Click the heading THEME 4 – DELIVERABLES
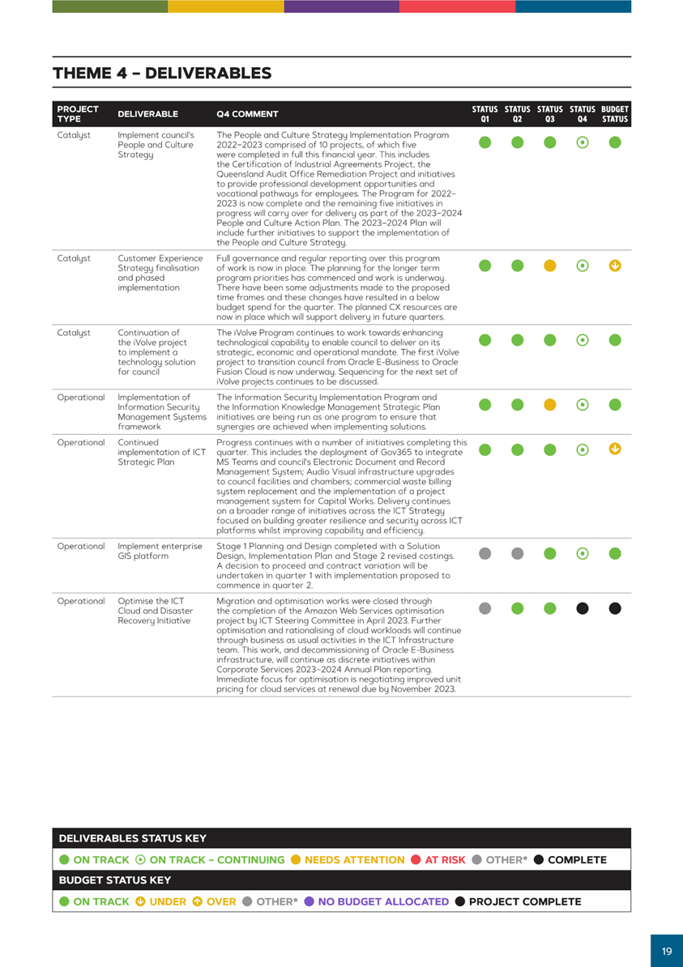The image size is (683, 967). (162, 74)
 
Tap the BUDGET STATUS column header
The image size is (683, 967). (615, 113)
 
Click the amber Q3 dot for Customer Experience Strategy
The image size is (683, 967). (549, 265)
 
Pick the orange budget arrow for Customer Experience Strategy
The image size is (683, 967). (615, 265)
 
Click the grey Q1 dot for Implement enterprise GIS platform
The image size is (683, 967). (485, 554)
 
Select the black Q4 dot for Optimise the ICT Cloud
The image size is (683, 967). (583, 608)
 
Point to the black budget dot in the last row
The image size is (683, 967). (615, 608)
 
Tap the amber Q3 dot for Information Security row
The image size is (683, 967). (549, 404)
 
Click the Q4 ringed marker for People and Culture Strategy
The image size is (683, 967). (583, 143)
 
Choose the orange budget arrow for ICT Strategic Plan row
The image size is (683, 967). (615, 449)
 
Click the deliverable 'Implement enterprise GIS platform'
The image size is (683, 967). (160, 551)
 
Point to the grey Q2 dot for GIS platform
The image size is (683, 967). (517, 554)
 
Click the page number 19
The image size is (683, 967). (667, 951)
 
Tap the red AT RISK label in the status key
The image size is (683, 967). (445, 859)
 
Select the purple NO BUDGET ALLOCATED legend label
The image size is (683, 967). (383, 901)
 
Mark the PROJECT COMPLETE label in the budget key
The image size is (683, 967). (525, 901)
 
